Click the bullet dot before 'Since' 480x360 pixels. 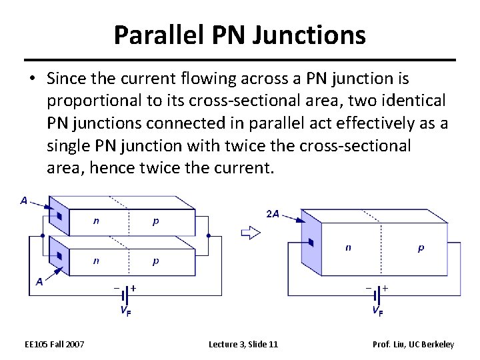pyautogui.click(x=31, y=79)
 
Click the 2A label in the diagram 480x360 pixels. pyautogui.click(x=272, y=214)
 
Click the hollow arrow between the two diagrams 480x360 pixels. pyautogui.click(x=250, y=233)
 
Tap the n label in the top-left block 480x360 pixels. pyautogui.click(x=96, y=221)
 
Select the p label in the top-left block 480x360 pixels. pyautogui.click(x=155, y=221)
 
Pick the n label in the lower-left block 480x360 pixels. pyautogui.click(x=96, y=260)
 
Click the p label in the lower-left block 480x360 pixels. pyautogui.click(x=155, y=260)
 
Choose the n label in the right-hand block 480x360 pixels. pyautogui.click(x=348, y=247)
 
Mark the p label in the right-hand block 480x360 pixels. pyautogui.click(x=420, y=247)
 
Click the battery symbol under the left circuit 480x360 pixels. pyautogui.click(x=125, y=293)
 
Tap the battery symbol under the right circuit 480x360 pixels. pyautogui.click(x=377, y=293)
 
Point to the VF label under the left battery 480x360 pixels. pyautogui.click(x=125, y=310)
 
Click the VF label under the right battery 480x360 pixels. pyautogui.click(x=377, y=310)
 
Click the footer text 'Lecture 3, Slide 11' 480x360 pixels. pyautogui.click(x=243, y=344)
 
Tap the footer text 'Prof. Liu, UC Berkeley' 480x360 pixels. pyautogui.click(x=413, y=344)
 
